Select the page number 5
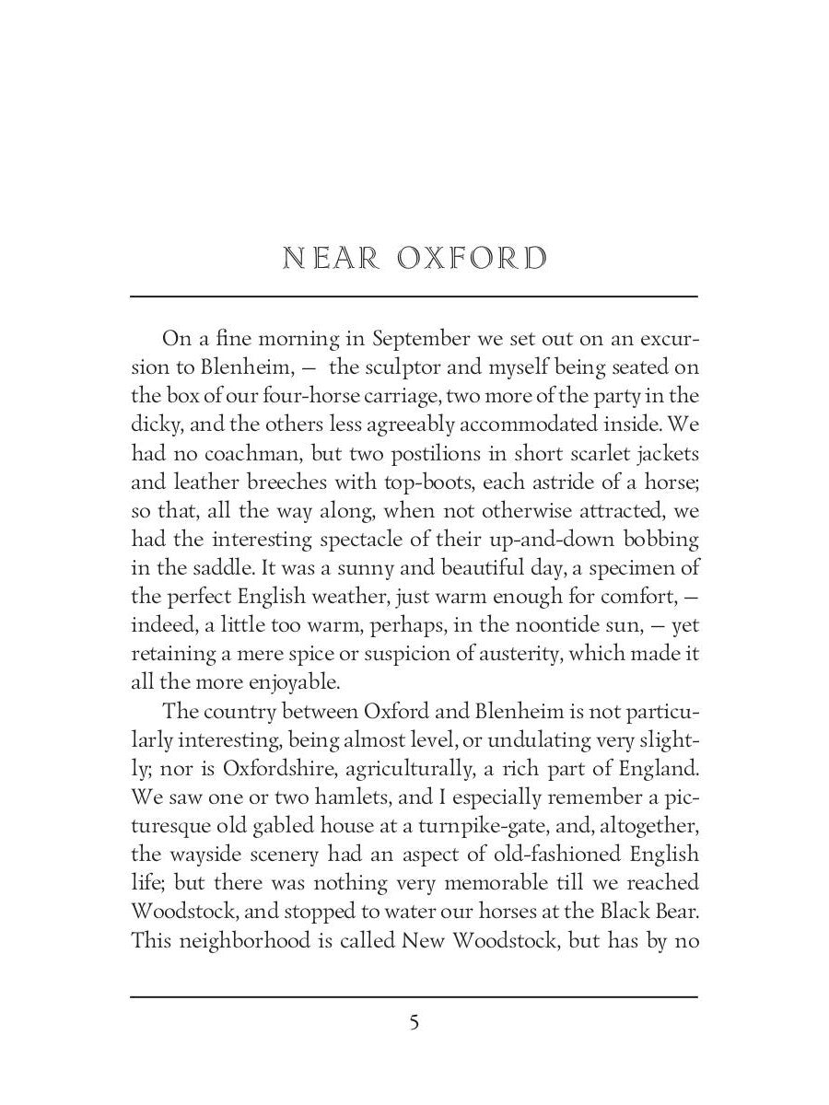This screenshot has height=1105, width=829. click(414, 1022)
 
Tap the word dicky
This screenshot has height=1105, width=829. click(155, 426)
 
